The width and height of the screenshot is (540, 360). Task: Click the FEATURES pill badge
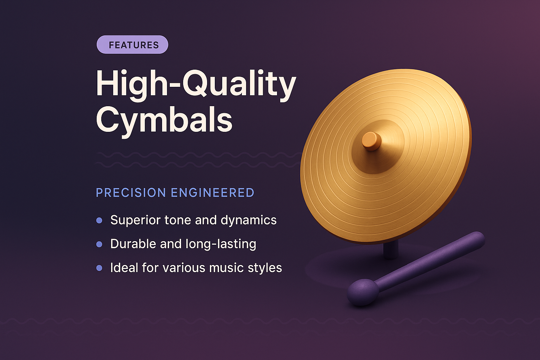tap(132, 45)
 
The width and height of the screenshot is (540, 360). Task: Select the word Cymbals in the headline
tap(164, 120)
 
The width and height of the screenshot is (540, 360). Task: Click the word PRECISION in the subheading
tap(131, 193)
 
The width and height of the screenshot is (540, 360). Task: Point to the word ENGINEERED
tap(212, 193)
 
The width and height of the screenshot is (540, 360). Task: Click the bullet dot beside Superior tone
tap(99, 220)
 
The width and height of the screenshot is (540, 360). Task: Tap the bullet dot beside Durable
tap(99, 244)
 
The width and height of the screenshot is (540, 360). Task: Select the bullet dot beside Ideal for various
tap(99, 268)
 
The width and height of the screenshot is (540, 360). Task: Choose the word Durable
tap(133, 244)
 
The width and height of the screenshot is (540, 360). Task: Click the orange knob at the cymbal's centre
tap(372, 141)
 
